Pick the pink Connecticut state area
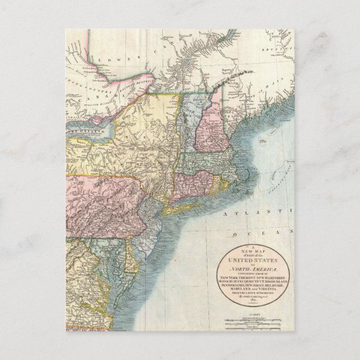coord(193,184)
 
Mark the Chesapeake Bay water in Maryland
coord(118,263)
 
